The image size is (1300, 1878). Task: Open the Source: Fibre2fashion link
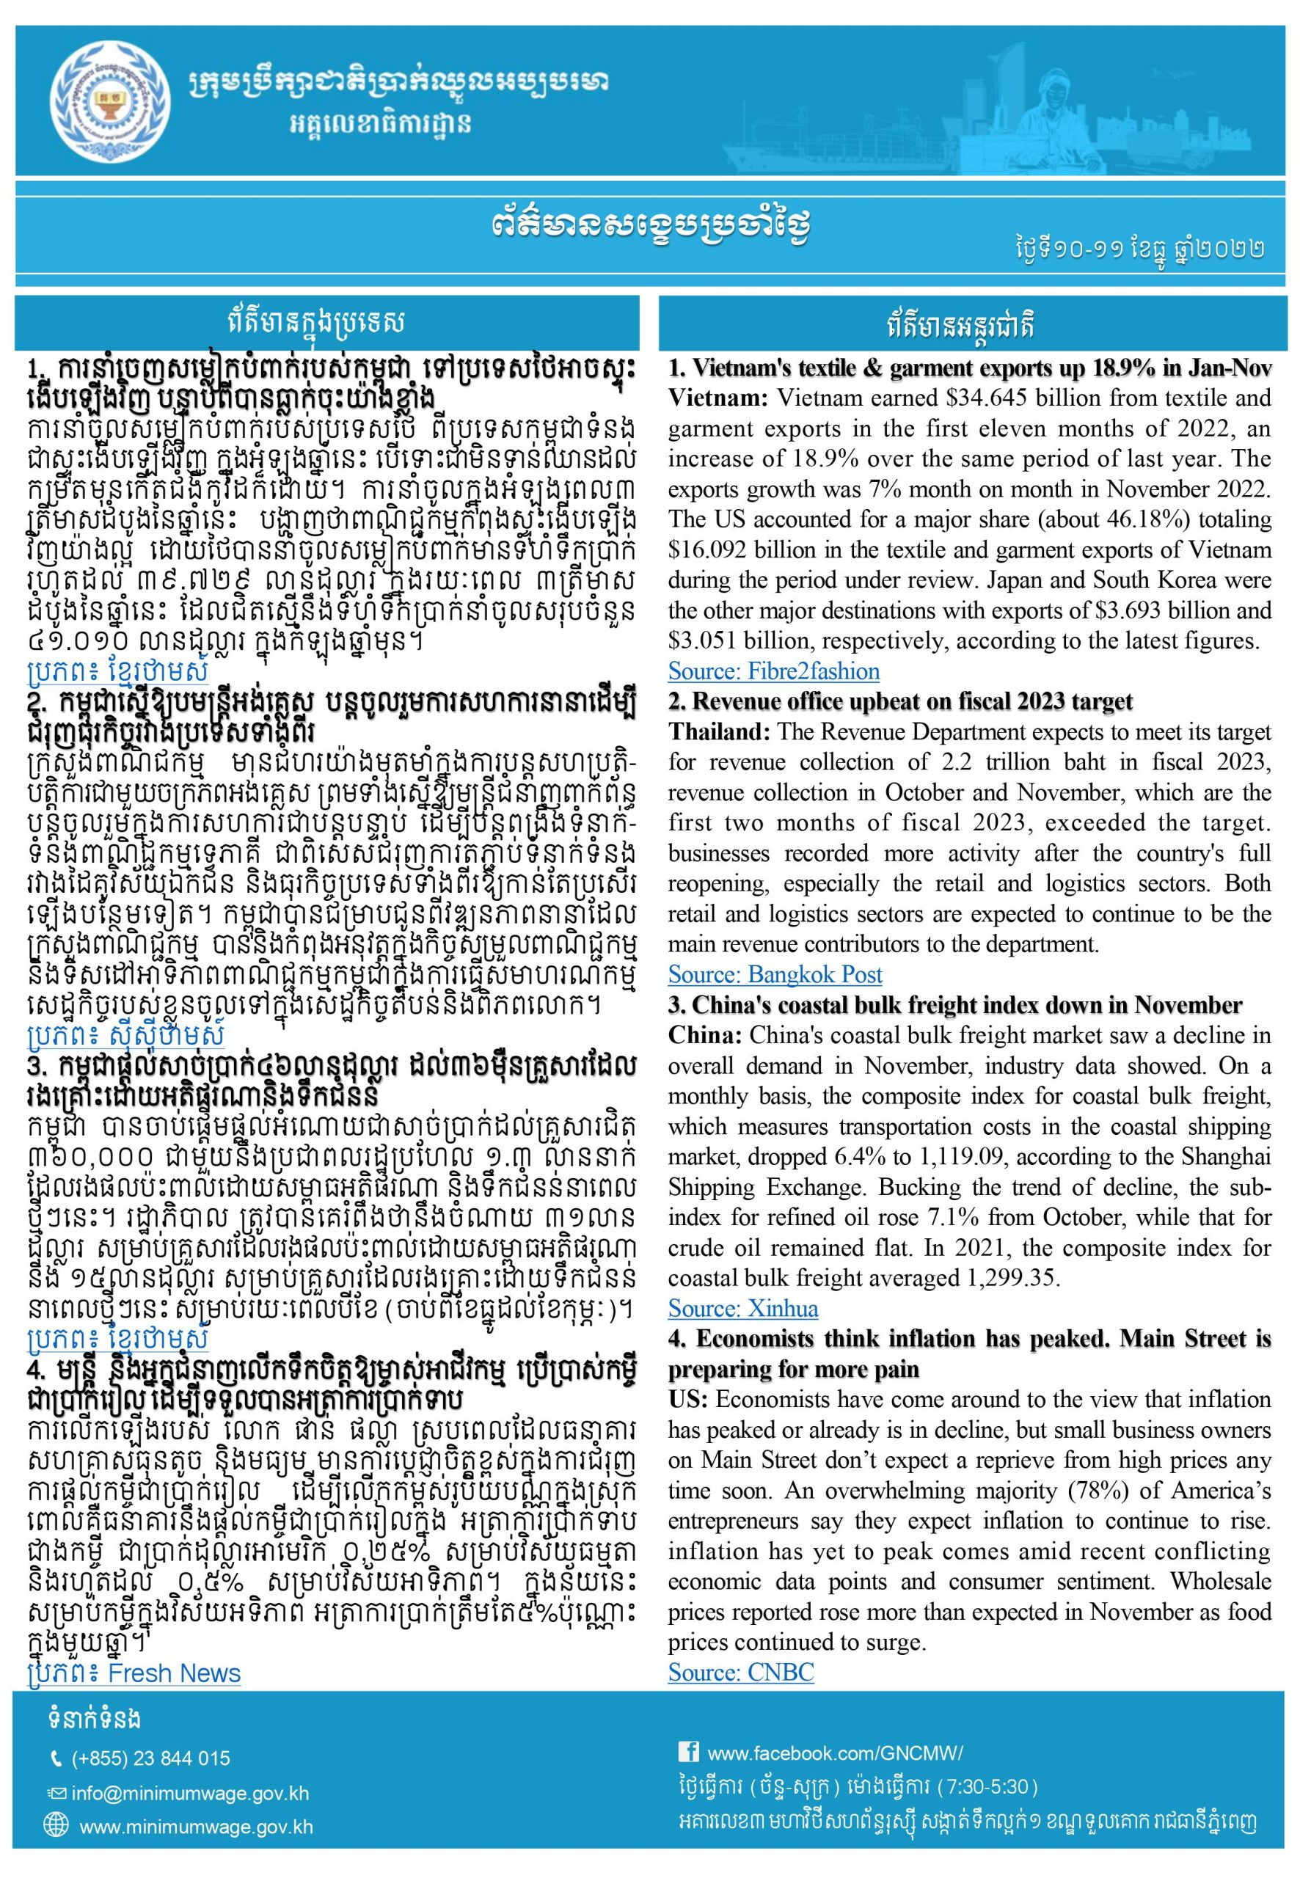(x=774, y=671)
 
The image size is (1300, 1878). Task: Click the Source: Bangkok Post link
(x=775, y=974)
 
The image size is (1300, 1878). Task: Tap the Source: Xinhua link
(x=743, y=1308)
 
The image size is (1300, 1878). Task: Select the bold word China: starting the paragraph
(x=704, y=1036)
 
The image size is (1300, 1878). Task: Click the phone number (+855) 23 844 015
(x=150, y=1758)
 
